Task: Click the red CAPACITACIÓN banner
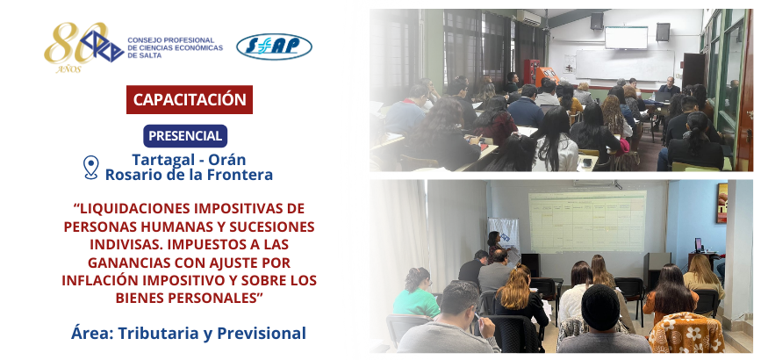click(x=190, y=99)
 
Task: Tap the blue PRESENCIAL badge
click(x=185, y=136)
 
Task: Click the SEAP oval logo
click(x=274, y=47)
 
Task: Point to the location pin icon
click(x=91, y=167)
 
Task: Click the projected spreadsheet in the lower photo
click(x=587, y=221)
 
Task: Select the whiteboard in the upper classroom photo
click(x=624, y=65)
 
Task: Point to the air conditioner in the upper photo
click(x=528, y=18)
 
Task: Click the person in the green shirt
click(x=415, y=293)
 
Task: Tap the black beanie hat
click(x=600, y=307)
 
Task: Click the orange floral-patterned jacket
click(x=685, y=333)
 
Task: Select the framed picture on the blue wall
click(x=722, y=203)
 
